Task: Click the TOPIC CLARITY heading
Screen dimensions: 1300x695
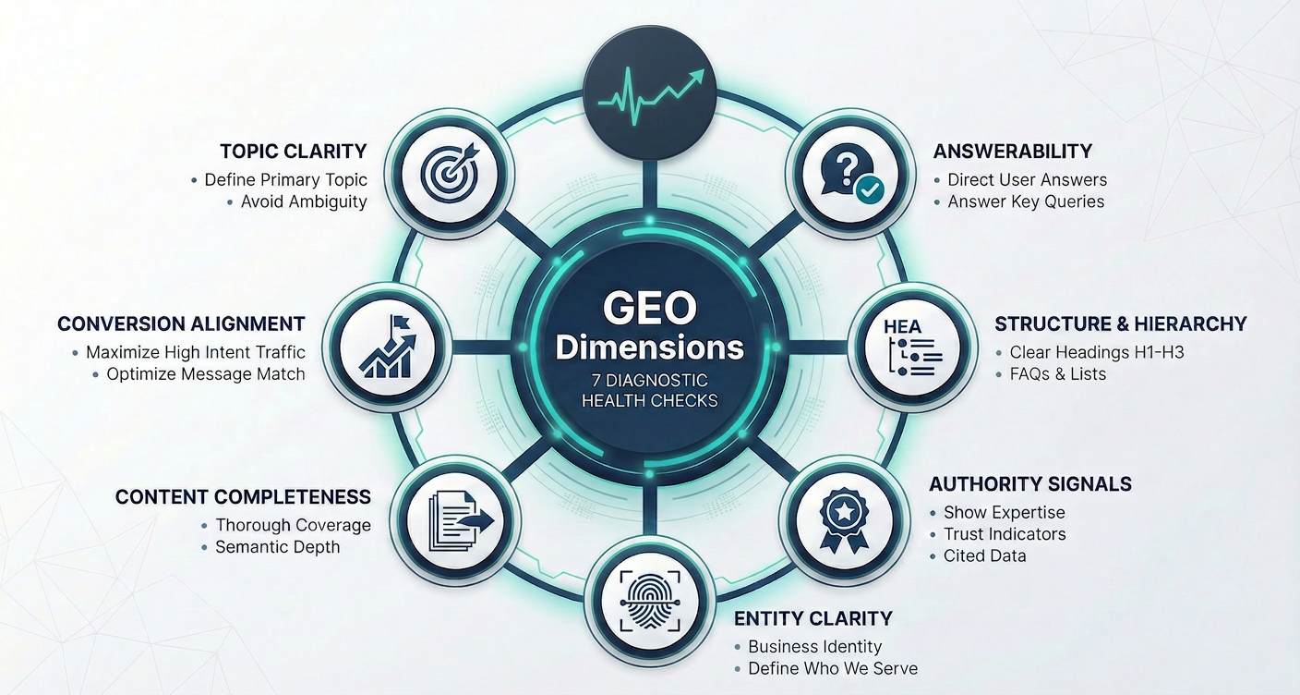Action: (x=294, y=151)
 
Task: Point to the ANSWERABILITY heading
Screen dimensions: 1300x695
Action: (x=1013, y=151)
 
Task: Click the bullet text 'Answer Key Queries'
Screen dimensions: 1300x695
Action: (x=1026, y=201)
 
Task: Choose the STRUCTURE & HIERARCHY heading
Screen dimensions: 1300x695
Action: (x=1120, y=323)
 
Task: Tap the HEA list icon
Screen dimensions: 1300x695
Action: (x=912, y=347)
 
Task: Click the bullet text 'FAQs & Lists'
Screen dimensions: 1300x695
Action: (x=1057, y=374)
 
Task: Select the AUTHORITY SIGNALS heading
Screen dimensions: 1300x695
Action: (x=1029, y=483)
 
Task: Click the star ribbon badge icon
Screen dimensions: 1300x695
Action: (x=844, y=518)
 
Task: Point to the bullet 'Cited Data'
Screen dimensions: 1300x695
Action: (x=984, y=555)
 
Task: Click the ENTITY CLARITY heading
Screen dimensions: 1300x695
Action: (x=812, y=617)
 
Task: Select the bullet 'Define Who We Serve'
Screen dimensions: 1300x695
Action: (x=832, y=668)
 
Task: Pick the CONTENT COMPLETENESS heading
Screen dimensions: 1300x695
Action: (x=243, y=496)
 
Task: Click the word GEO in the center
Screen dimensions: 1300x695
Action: (x=650, y=308)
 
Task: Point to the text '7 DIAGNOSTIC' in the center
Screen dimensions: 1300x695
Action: (x=650, y=380)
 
